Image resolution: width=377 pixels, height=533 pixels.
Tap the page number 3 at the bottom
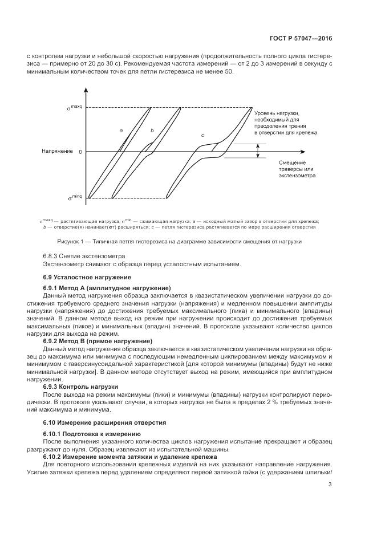tap(330, 485)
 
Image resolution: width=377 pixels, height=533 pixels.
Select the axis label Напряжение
tap(57, 152)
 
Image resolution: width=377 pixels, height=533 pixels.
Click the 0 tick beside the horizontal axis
tap(80, 152)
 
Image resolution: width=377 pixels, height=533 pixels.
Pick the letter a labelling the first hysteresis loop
tap(121, 131)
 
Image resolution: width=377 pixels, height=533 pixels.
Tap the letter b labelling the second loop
tap(152, 131)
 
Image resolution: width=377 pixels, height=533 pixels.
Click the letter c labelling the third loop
tap(202, 135)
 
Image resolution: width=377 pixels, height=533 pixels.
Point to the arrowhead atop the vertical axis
tap(86, 91)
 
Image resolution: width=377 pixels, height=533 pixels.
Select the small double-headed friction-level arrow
tap(257, 150)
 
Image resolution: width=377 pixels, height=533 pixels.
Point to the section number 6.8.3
tap(52, 256)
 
